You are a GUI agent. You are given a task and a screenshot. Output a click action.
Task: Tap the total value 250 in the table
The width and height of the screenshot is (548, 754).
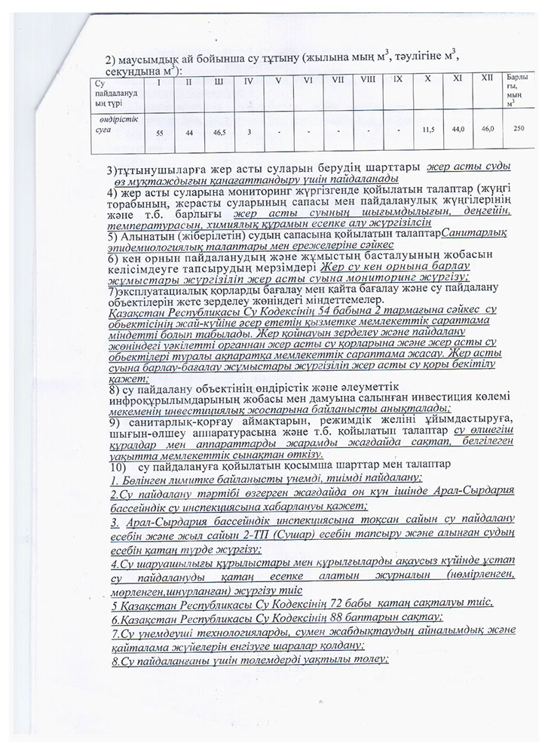tap(517, 130)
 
